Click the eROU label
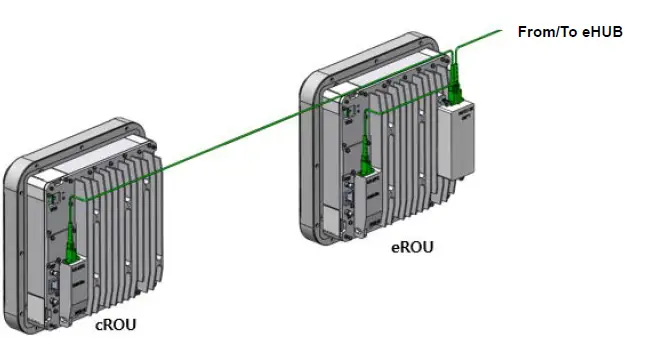(412, 246)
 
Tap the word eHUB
(597, 32)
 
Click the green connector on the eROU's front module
(366, 158)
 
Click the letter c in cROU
(99, 326)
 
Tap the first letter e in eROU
(395, 247)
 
